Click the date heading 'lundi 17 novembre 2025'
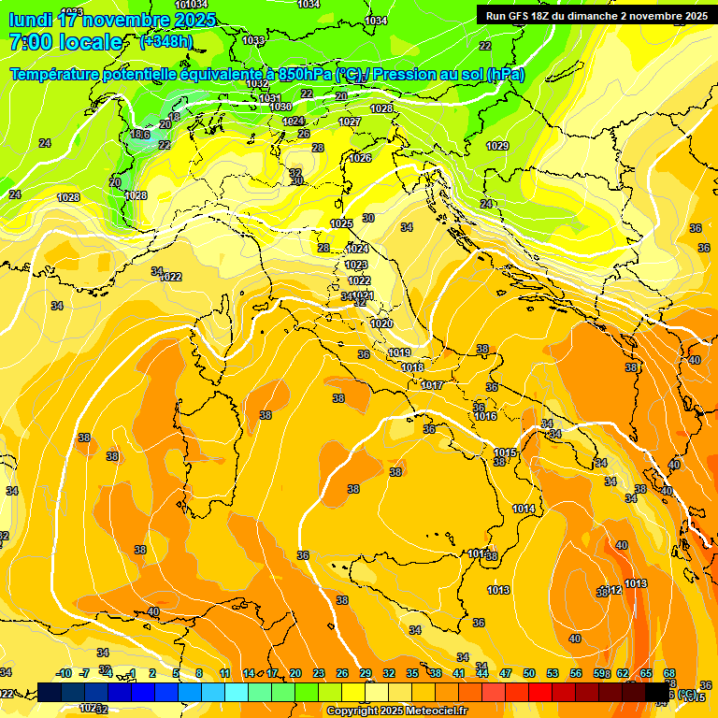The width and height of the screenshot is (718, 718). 112,19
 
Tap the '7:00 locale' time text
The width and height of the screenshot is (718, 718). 65,42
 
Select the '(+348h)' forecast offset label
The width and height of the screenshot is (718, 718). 166,42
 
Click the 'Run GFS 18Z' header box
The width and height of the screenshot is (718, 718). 594,15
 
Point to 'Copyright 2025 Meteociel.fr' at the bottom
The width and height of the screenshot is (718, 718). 396,711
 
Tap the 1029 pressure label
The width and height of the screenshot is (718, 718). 497,146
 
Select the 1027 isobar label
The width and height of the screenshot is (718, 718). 350,122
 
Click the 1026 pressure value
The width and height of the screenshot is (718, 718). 360,158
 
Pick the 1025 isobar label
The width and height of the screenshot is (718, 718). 341,223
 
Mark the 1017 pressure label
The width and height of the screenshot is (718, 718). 432,385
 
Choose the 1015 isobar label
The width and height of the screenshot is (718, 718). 505,452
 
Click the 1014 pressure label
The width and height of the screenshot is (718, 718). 524,509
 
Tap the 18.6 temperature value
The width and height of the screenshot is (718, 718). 139,135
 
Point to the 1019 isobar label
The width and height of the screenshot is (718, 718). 399,352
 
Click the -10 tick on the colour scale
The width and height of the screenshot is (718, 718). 64,673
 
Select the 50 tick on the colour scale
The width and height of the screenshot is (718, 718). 529,673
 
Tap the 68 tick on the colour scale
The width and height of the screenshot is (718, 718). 669,673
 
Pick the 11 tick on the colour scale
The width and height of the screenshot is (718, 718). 224,673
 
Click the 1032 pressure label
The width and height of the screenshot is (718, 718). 257,84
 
